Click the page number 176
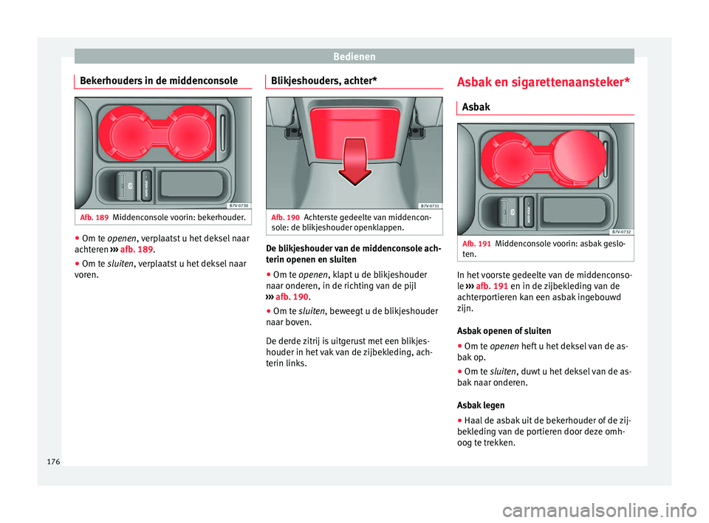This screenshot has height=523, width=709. [53, 462]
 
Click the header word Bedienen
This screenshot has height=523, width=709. [354, 57]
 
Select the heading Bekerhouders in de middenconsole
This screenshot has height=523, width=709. [159, 81]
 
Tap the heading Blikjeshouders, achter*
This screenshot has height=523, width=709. [323, 81]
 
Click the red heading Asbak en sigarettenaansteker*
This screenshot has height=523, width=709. [543, 82]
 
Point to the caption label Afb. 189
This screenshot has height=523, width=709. [94, 218]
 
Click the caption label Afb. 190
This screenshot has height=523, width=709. [285, 218]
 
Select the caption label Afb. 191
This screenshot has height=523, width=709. [476, 244]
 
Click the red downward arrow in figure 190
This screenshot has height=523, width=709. [355, 162]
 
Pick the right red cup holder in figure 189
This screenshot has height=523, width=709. [190, 134]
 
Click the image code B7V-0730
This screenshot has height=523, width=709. [239, 206]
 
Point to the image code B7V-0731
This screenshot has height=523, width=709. [430, 206]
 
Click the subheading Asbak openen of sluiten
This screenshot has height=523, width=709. [504, 331]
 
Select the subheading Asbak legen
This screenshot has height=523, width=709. [481, 406]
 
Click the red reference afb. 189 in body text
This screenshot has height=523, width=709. [137, 250]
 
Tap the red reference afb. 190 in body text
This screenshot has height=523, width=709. [292, 297]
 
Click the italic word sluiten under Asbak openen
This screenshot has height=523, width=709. [502, 372]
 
